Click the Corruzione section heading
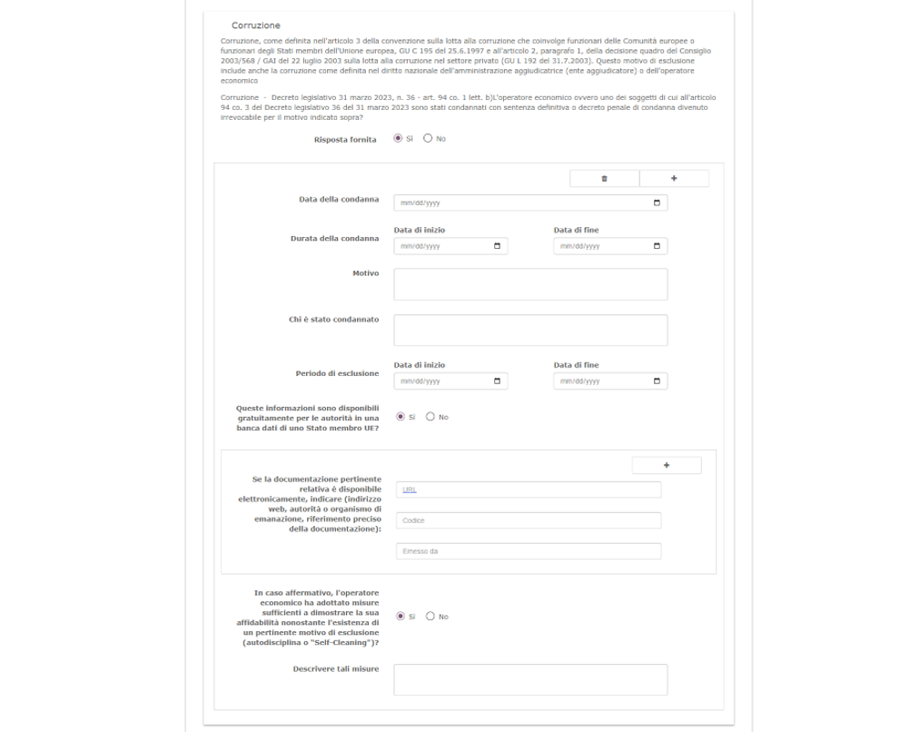[256, 25]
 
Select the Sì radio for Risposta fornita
[398, 139]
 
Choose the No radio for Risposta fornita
[428, 139]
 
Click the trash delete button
[605, 179]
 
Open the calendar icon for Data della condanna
[657, 203]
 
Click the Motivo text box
[530, 284]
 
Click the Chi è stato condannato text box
[530, 331]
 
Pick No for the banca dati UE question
[430, 417]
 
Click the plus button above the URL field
[667, 465]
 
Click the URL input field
[529, 490]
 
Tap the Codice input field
[529, 520]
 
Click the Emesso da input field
[529, 551]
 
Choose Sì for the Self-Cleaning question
[401, 617]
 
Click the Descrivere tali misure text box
[530, 679]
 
